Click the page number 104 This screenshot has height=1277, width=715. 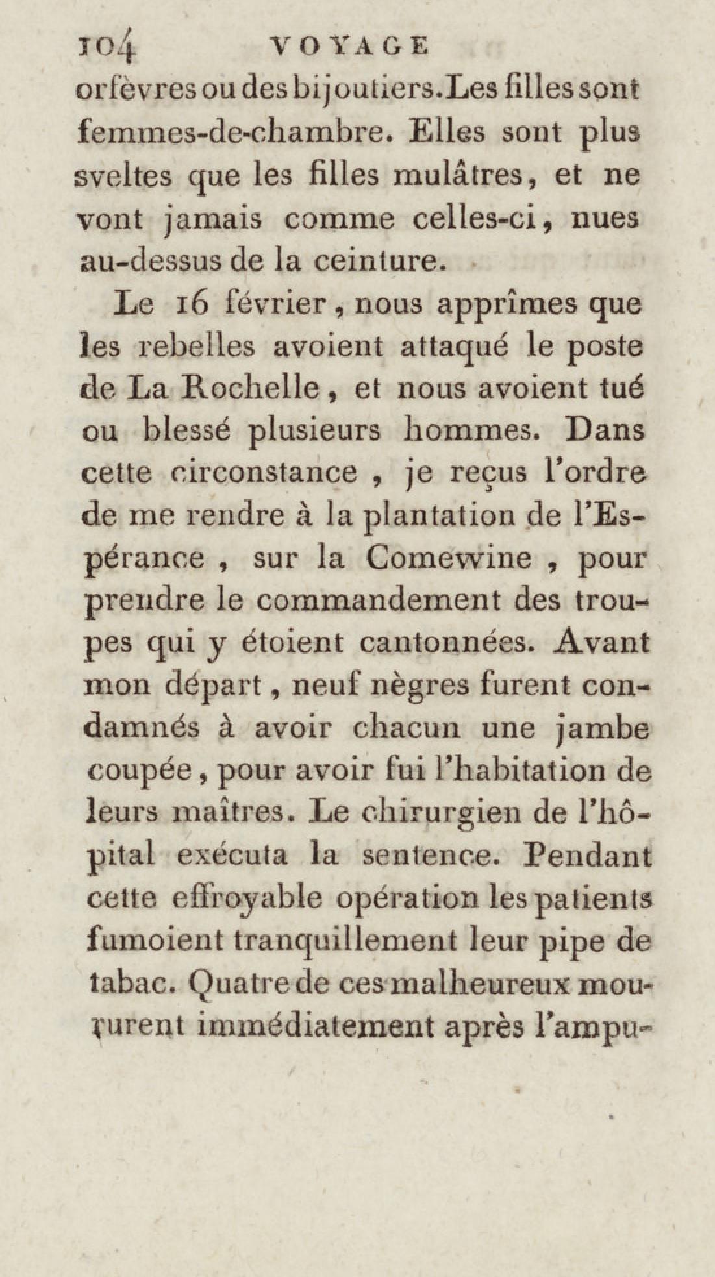tap(105, 47)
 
